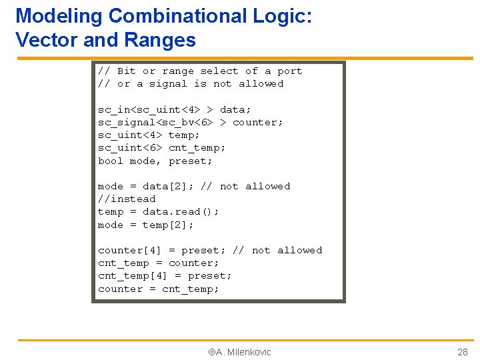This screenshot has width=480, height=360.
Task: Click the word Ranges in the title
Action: click(x=158, y=40)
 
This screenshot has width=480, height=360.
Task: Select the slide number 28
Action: click(x=462, y=352)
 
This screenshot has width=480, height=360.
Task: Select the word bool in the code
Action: click(x=111, y=161)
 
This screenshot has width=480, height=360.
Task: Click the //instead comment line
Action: click(x=127, y=199)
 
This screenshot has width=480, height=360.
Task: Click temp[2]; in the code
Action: click(x=168, y=225)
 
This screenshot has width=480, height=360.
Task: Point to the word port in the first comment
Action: click(x=290, y=71)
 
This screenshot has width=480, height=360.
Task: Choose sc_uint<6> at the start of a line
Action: click(x=130, y=147)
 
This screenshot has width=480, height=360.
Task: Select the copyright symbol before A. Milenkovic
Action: click(x=211, y=352)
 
